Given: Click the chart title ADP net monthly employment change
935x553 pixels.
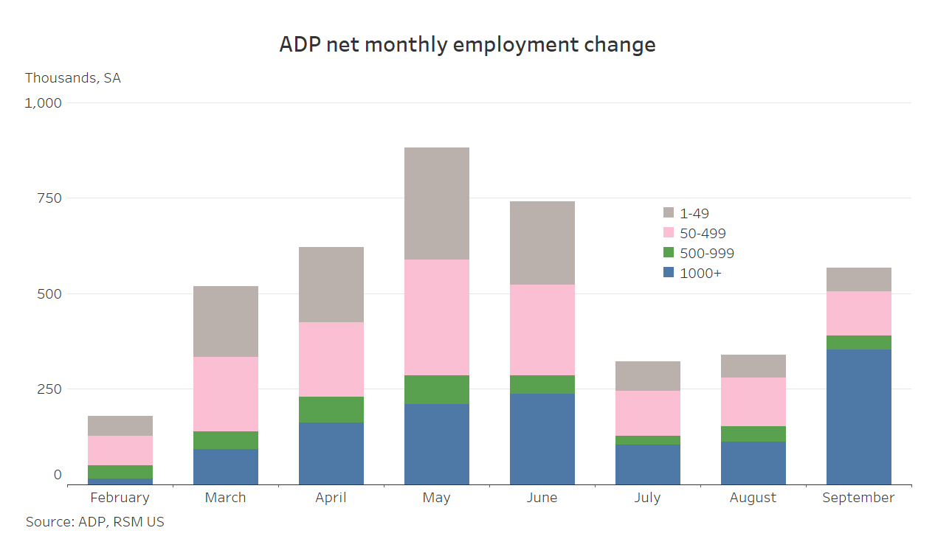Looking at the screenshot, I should (467, 44).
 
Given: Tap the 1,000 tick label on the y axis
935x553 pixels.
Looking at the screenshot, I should (44, 102).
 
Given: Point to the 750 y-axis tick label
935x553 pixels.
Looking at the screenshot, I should (50, 198).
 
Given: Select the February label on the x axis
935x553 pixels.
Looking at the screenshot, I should (120, 498).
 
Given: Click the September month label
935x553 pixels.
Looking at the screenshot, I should (858, 498).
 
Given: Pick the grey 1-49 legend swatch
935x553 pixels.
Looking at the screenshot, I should (669, 213).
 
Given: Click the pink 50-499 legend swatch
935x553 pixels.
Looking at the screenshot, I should (669, 233).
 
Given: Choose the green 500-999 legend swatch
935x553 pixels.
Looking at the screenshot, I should (669, 253).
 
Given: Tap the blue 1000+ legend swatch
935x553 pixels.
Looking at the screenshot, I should (669, 273).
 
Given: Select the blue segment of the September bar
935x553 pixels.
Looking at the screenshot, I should (858, 417).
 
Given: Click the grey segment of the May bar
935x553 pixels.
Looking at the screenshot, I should (436, 204).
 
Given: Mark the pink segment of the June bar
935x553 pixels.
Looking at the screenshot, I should (542, 330).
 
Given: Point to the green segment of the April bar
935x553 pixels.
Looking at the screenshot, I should (331, 409).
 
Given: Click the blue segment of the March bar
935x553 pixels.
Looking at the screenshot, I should (225, 467).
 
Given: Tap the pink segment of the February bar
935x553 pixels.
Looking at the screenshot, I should (120, 451).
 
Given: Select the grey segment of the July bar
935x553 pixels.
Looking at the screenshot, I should (647, 376).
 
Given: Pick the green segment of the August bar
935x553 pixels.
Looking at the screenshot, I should (753, 434).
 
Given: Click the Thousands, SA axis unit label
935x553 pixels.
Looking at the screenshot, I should (73, 78).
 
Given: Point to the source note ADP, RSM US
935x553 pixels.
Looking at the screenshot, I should (95, 522).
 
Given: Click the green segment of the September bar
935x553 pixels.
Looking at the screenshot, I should (858, 342).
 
